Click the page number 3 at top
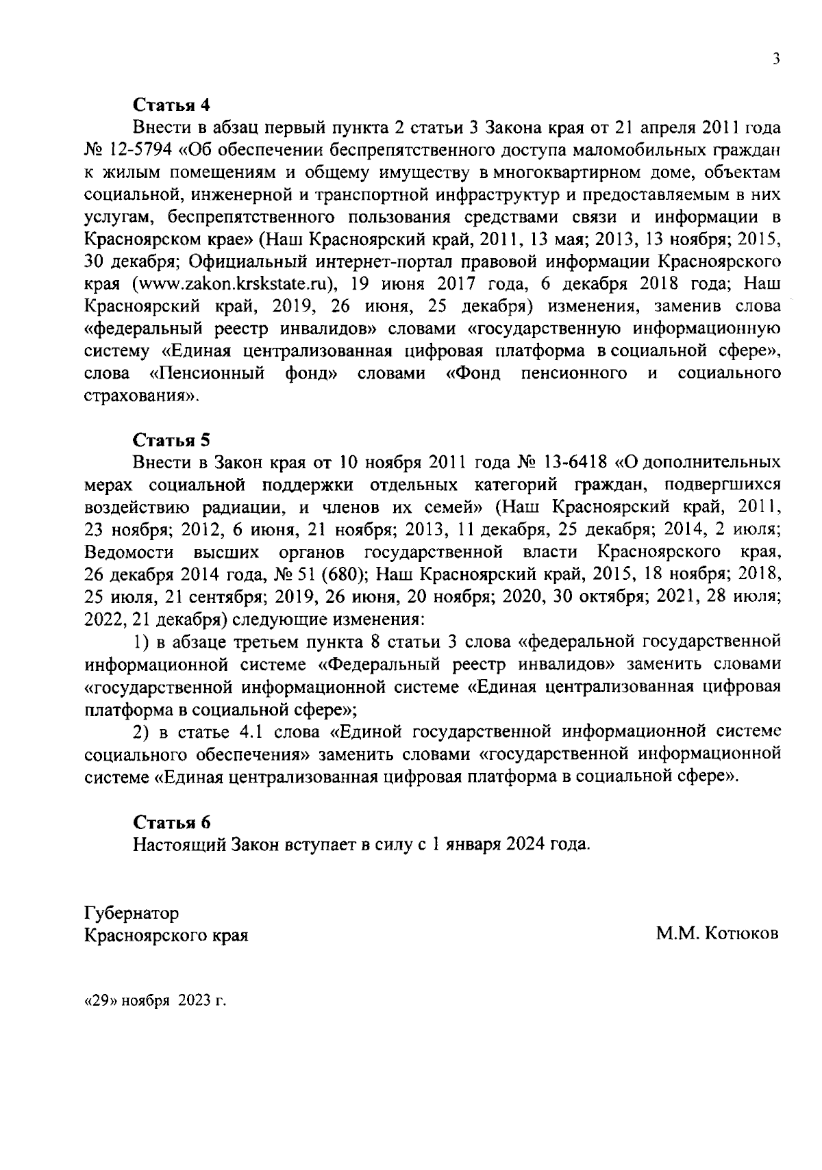(776, 60)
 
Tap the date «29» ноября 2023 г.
(155, 1000)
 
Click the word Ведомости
(129, 552)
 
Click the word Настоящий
(179, 844)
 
